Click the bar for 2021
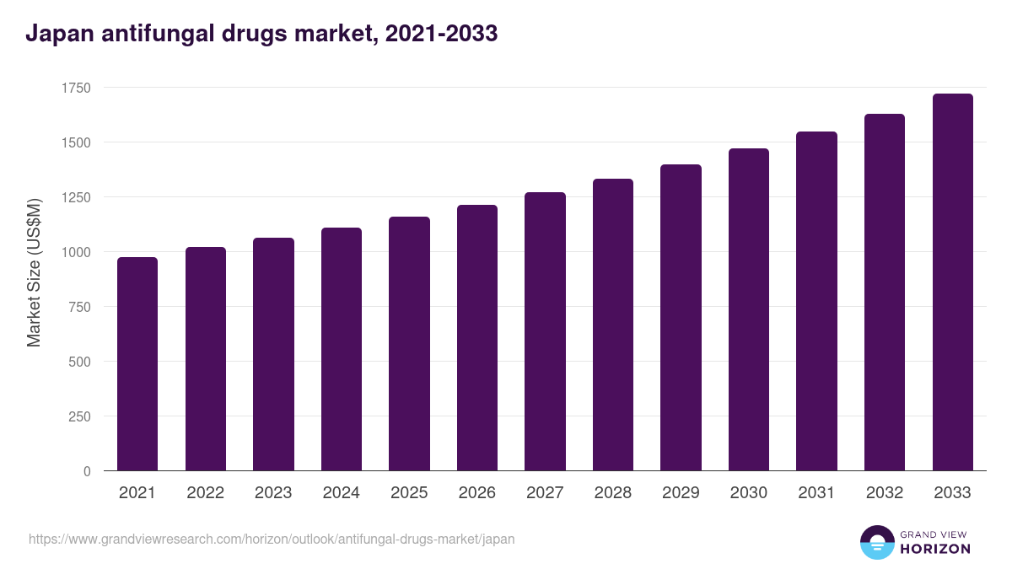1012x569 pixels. tap(137, 364)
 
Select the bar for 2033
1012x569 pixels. tap(952, 282)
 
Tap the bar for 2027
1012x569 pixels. tap(545, 331)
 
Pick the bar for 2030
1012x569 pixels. tap(749, 309)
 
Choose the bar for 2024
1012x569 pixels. tap(342, 349)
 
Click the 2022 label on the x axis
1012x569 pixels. tap(206, 493)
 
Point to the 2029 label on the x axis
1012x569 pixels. tap(681, 493)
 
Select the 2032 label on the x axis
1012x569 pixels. tap(885, 493)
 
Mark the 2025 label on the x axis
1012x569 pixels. tap(409, 493)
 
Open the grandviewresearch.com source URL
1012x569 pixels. tap(272, 539)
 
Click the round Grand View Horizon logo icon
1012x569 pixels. tap(877, 542)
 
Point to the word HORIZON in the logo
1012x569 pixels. tap(936, 549)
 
